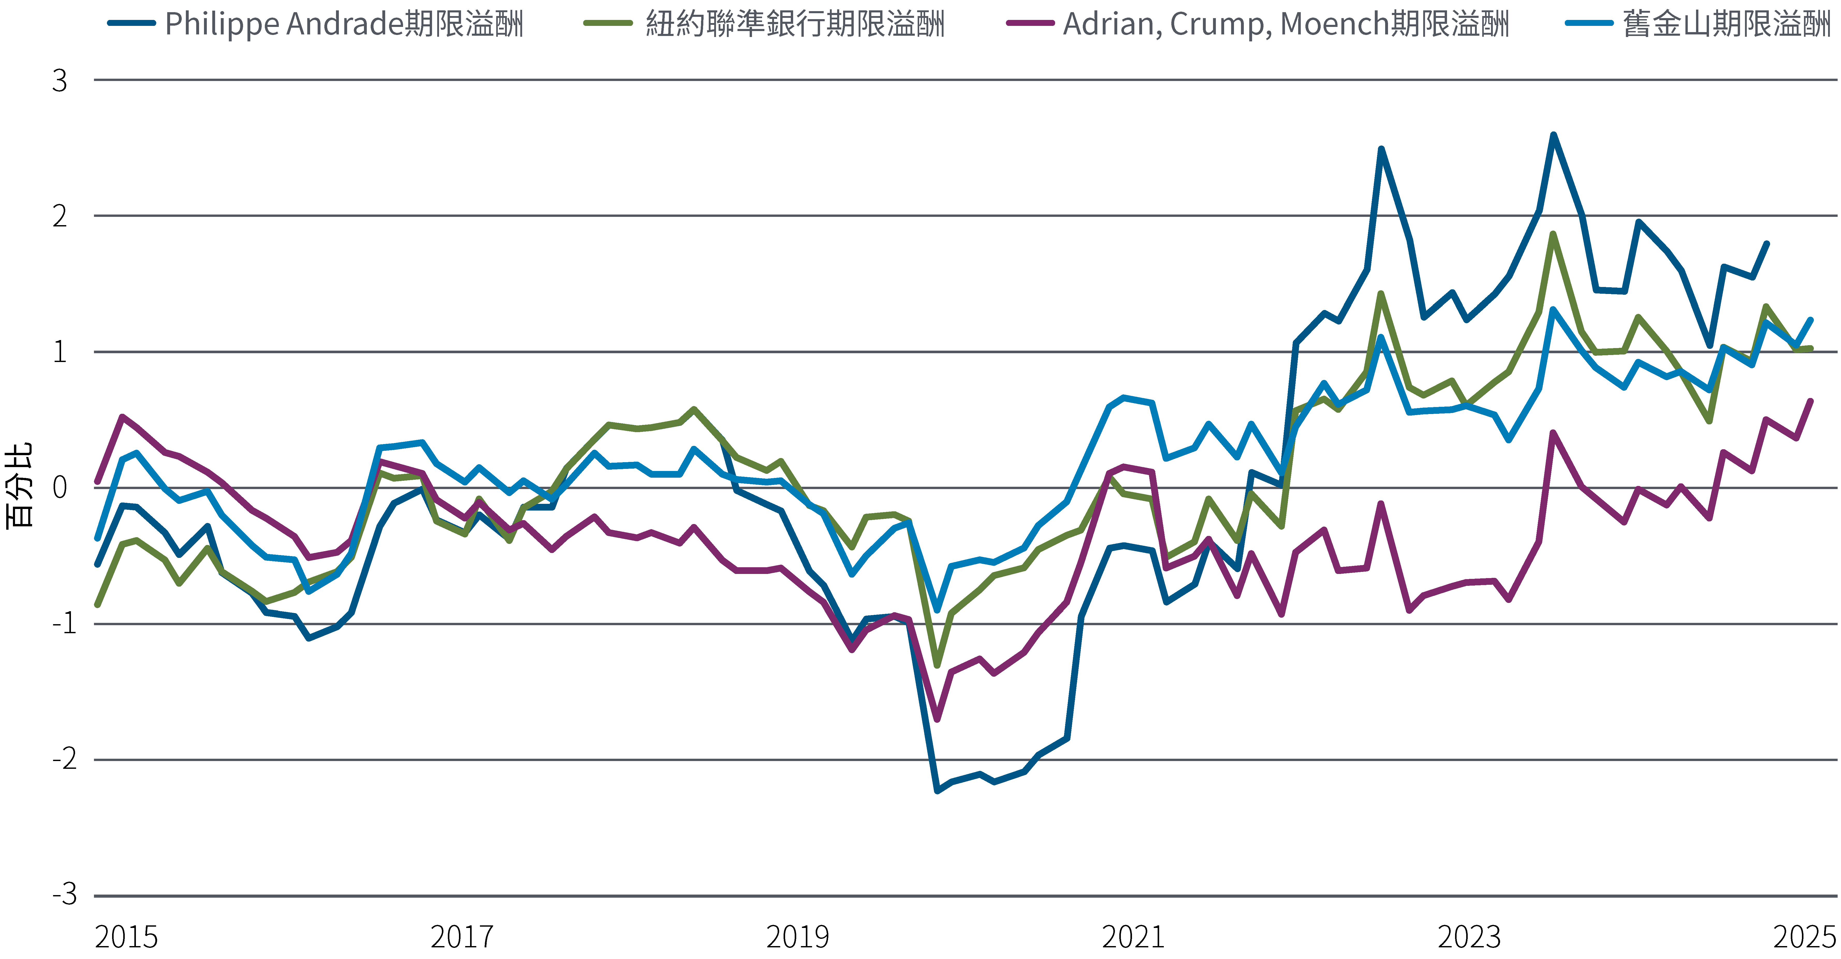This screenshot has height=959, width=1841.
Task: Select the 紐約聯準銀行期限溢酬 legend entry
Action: pyautogui.click(x=795, y=24)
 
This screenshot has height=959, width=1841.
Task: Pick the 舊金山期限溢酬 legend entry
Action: pyautogui.click(x=1726, y=24)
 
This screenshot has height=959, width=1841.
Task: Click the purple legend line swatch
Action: pyautogui.click(x=1030, y=24)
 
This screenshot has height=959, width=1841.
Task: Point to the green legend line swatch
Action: pyautogui.click(x=608, y=24)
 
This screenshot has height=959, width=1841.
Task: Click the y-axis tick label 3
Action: pyautogui.click(x=60, y=81)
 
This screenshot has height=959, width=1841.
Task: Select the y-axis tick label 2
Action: pyautogui.click(x=60, y=216)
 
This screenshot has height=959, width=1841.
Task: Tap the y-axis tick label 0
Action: pyautogui.click(x=60, y=488)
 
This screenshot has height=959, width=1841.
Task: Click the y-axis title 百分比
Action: pyautogui.click(x=19, y=486)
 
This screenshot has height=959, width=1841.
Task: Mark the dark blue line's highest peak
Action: pyautogui.click(x=1553, y=135)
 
